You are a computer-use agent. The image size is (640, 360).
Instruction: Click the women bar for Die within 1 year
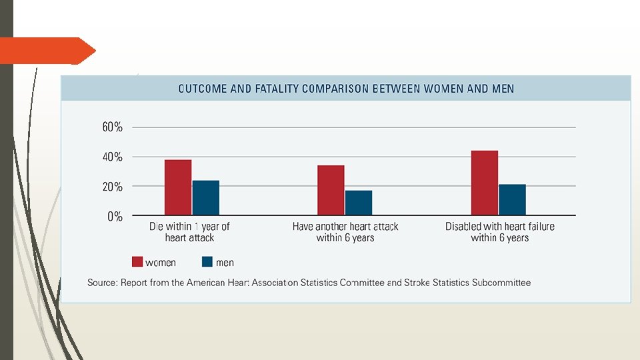(178, 187)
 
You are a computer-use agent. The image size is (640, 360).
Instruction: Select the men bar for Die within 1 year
(206, 197)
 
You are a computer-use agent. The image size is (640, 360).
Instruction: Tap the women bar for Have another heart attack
(331, 190)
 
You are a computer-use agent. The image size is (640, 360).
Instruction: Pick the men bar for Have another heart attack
(359, 203)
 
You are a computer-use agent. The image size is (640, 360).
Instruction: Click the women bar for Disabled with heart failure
(485, 183)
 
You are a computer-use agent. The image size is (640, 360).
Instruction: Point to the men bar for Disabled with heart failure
(512, 199)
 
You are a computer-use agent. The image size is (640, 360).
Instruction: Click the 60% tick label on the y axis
(112, 127)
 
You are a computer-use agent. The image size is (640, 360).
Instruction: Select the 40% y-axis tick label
(112, 157)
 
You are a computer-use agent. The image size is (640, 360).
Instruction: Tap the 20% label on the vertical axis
(112, 187)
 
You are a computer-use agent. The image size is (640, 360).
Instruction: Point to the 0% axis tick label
(115, 216)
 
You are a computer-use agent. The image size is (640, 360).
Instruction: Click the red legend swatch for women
(137, 261)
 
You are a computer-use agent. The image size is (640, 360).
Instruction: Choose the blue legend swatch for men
(207, 261)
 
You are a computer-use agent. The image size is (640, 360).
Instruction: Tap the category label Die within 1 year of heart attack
(189, 232)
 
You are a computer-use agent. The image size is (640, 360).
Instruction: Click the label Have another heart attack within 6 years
(345, 232)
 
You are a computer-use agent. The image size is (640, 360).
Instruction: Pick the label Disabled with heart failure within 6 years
(499, 232)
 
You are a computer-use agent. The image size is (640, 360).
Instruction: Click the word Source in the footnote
(102, 283)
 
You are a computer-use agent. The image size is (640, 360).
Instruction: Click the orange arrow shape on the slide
(48, 51)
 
